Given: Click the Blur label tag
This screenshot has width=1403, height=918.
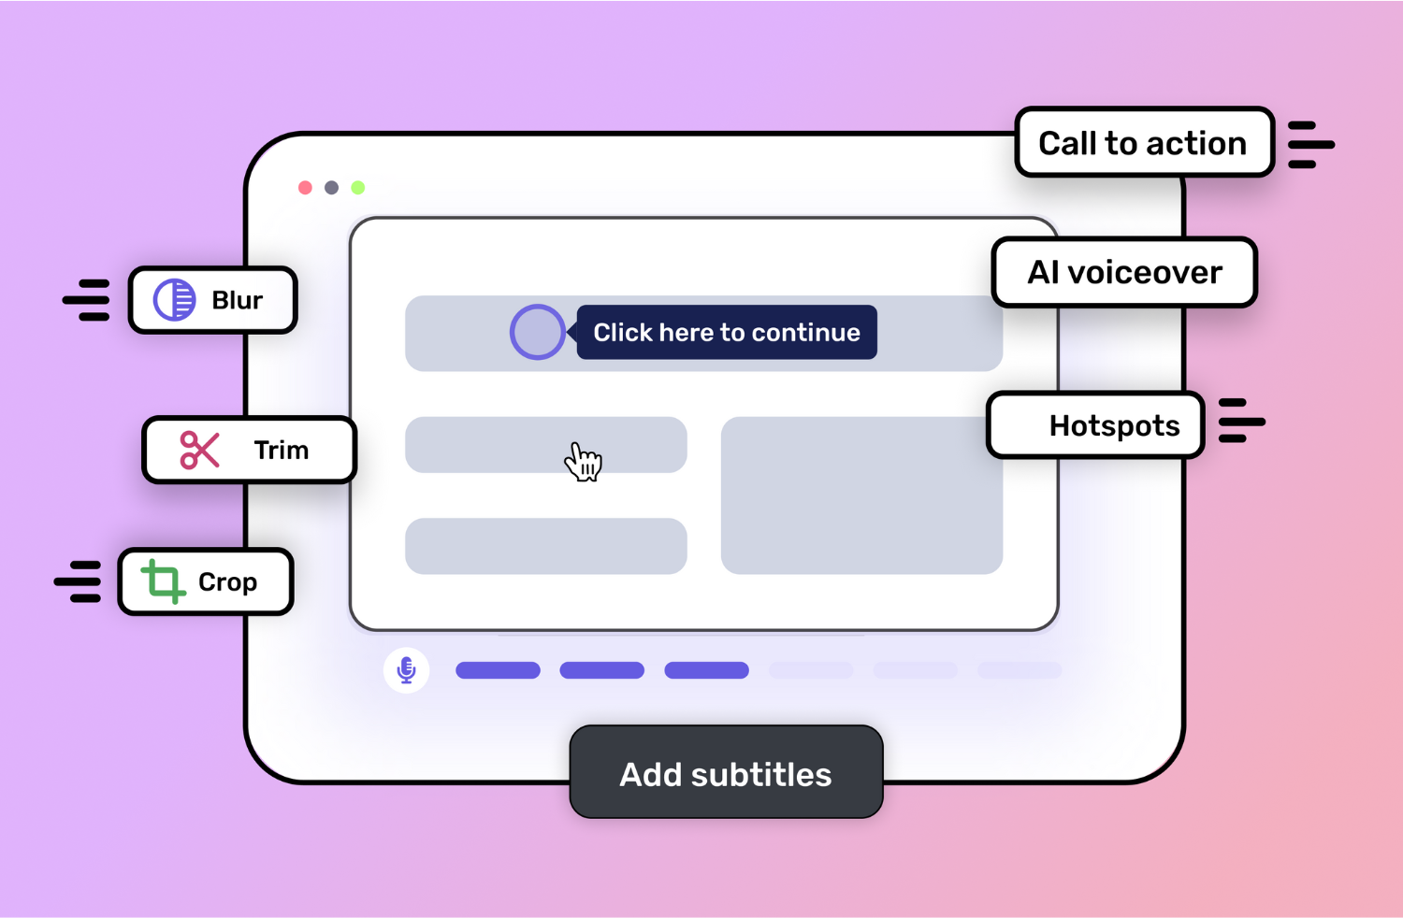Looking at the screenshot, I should click(x=213, y=300).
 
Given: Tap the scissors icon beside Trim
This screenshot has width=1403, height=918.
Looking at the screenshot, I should click(x=199, y=450).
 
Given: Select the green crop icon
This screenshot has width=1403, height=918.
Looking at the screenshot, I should click(x=163, y=581).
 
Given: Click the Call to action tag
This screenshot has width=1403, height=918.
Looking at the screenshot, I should click(x=1143, y=143).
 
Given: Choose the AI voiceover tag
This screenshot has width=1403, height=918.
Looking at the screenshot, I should click(x=1124, y=272).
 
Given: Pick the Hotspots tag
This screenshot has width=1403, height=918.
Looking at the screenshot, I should click(x=1095, y=425).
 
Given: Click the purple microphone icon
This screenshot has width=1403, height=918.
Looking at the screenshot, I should click(x=406, y=669).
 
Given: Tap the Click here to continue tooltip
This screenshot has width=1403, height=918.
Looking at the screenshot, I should click(x=727, y=332).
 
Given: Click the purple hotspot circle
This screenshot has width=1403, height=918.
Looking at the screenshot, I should click(x=537, y=332).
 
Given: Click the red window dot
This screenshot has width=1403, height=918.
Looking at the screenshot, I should click(x=305, y=188).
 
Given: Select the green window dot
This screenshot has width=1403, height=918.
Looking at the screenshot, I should click(x=357, y=188).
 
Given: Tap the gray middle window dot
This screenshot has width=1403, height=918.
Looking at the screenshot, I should click(x=331, y=188).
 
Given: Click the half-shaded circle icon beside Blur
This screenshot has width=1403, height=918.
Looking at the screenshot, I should click(x=174, y=300).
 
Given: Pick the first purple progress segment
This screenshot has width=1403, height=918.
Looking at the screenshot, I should click(x=498, y=670).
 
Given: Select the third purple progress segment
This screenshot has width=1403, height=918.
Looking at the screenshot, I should click(x=706, y=670).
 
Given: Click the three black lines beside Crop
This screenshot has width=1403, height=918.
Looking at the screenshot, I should click(x=79, y=581).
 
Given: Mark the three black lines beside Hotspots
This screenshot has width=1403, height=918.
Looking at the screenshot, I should click(x=1241, y=421).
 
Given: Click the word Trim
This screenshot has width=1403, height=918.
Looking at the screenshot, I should click(x=281, y=450).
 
